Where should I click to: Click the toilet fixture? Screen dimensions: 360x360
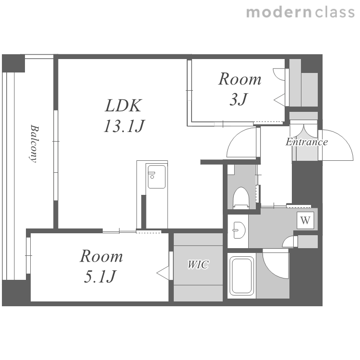tap(241, 197)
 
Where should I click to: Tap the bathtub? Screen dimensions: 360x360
tap(241, 276)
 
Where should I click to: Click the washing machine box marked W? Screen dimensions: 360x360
tap(305, 220)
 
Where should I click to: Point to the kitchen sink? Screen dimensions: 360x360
tap(156, 177)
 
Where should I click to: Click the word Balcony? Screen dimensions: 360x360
tap(34, 144)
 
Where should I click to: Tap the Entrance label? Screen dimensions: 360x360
tap(307, 142)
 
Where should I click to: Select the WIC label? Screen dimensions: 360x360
tap(198, 264)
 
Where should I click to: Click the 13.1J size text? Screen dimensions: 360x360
tap(124, 126)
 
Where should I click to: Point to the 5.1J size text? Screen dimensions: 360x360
tap(100, 276)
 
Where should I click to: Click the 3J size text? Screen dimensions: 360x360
tap(239, 99)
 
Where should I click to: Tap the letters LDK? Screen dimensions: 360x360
tap(123, 106)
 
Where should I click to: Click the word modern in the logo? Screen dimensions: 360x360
tap(279, 12)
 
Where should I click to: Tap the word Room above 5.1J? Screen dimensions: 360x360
tap(101, 256)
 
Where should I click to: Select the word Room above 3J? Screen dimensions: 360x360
tap(240, 79)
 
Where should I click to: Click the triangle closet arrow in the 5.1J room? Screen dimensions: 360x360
tap(163, 273)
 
